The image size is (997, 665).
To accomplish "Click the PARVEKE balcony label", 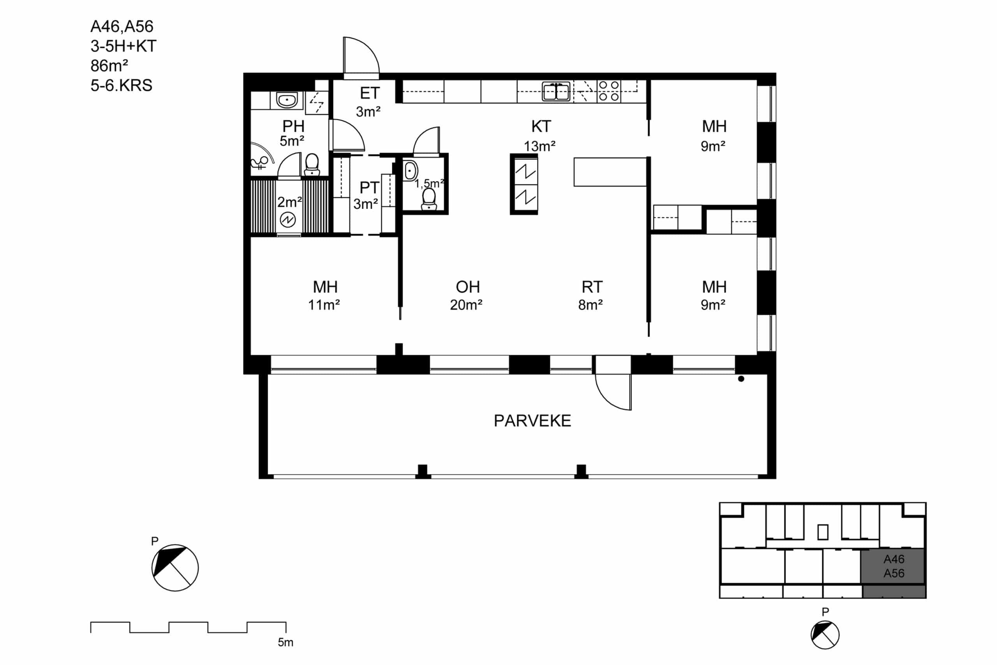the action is [532, 421].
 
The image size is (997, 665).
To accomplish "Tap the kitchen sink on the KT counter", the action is [556, 91].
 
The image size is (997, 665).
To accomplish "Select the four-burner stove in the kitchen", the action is [609, 91].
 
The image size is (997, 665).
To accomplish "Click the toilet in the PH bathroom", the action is [312, 164].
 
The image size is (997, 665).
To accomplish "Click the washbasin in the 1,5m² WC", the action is [410, 171].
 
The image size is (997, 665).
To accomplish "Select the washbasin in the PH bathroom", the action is [287, 100].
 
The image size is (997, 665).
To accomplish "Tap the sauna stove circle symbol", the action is [288, 220].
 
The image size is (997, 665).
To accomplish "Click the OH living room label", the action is [467, 296].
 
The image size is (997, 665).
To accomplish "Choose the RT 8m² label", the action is [591, 296].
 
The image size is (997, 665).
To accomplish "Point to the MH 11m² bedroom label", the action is [324, 296].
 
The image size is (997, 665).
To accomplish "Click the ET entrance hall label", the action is [369, 102].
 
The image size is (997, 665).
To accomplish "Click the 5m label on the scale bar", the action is [286, 642].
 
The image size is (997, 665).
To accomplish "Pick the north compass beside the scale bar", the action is [174, 568].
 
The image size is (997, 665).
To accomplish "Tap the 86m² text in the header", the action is [109, 66].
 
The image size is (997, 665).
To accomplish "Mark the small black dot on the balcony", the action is [741, 379].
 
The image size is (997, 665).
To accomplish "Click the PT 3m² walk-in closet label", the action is [366, 196].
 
